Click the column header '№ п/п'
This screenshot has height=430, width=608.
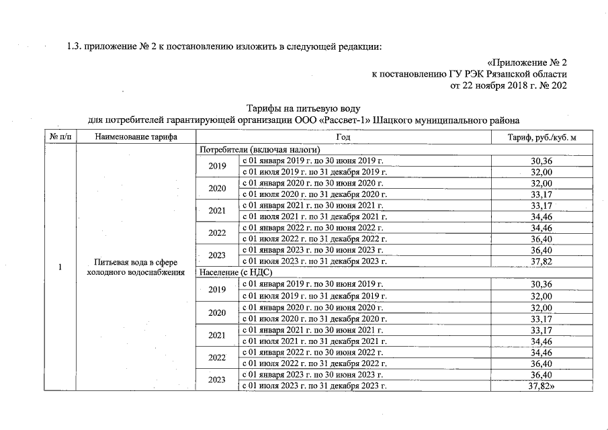[60, 137]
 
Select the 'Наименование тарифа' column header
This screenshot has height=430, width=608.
[136, 137]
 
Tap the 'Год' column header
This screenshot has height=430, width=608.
[343, 137]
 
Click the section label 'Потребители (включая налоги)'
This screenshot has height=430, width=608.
[258, 149]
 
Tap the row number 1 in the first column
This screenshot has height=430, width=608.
[60, 267]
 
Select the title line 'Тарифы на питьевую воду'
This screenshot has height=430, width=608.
[304, 108]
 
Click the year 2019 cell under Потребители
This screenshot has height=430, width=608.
[217, 166]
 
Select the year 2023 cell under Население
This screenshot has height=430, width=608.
[217, 380]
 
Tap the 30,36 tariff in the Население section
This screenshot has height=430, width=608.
[541, 285]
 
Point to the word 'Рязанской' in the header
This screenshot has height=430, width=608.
[499, 74]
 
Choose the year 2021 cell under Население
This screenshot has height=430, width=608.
[217, 335]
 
